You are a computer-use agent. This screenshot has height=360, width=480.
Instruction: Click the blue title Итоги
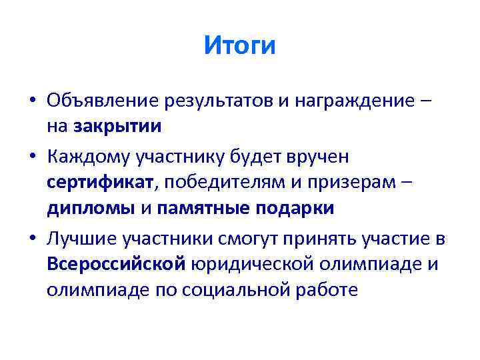(239, 46)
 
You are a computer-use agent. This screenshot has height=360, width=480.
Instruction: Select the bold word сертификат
(100, 182)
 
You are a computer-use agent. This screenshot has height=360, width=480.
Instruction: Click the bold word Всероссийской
(116, 265)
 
